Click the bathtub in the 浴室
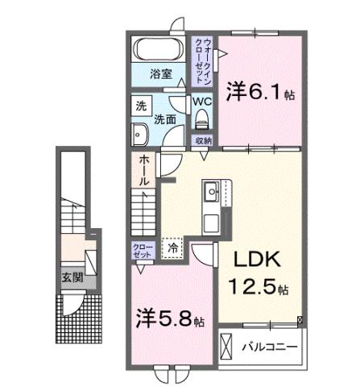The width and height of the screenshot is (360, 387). (159, 49)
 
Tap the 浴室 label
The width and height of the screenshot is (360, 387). (160, 74)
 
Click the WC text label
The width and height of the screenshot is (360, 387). (201, 102)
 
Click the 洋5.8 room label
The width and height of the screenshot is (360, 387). (168, 317)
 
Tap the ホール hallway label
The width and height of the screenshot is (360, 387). (143, 170)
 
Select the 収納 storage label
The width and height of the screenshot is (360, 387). (202, 140)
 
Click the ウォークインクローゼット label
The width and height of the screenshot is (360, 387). (202, 60)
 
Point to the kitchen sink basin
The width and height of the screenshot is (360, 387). (213, 193)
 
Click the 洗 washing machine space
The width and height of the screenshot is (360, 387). (141, 106)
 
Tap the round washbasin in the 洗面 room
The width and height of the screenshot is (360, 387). (140, 134)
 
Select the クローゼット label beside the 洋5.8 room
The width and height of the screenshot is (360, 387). (141, 251)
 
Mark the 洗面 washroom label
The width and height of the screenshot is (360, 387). (166, 119)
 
